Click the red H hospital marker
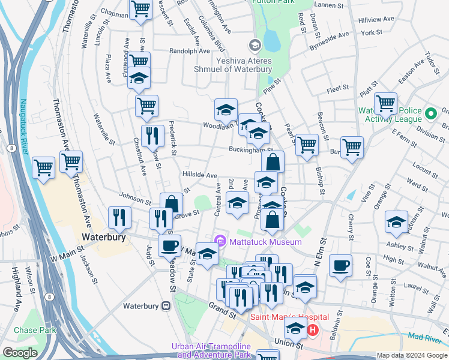tap(312, 329)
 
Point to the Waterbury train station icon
tap(166, 306)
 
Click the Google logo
tap(20, 353)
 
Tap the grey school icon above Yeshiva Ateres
tap(255, 44)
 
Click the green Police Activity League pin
tap(430, 113)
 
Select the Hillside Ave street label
tap(199, 175)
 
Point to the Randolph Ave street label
tap(188, 51)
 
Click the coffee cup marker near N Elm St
tap(340, 265)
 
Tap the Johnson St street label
tap(134, 196)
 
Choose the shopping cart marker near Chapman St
tap(140, 9)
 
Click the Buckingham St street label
tap(250, 150)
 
